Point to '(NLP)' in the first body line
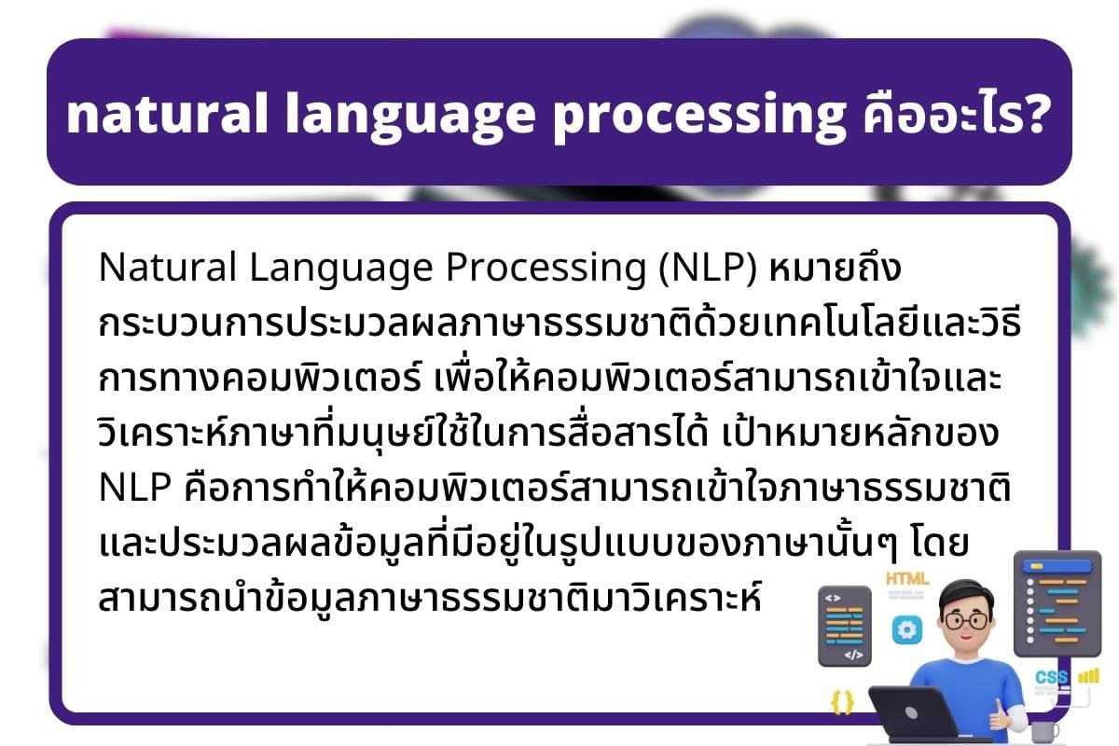[x=708, y=268]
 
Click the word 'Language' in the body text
[x=340, y=269]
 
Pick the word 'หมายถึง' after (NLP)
[x=835, y=267]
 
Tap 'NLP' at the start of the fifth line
[x=135, y=486]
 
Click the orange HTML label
[x=907, y=578]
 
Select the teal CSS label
[x=1051, y=677]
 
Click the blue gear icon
[x=906, y=629]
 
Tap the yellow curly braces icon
[x=842, y=701]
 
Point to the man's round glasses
[x=965, y=622]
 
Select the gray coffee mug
[x=1044, y=731]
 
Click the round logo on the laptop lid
[x=911, y=712]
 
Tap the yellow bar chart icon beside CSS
[x=1089, y=676]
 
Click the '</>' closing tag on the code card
[x=853, y=655]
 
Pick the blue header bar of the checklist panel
[x=1057, y=566]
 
